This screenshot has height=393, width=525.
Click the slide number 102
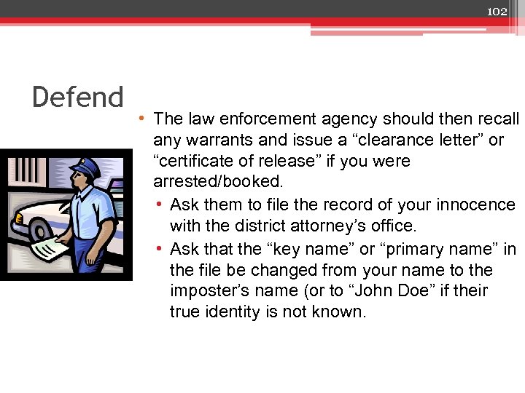[x=497, y=11]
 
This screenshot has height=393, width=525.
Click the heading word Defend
[x=78, y=97]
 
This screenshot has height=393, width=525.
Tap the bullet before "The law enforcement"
[x=145, y=119]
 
